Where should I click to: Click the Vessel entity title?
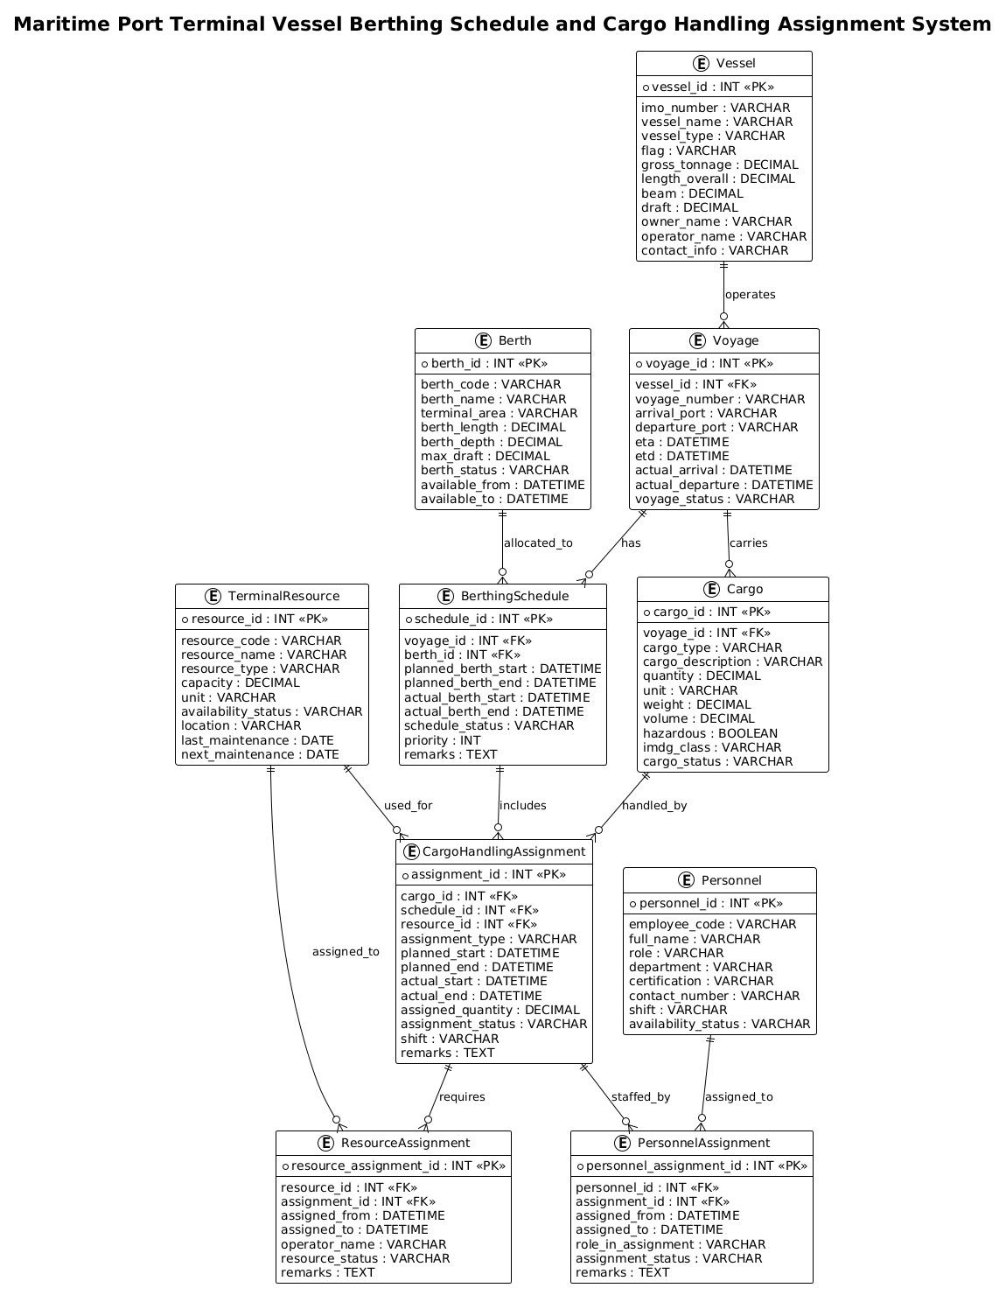pos(735,63)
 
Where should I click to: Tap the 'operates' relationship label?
pos(750,294)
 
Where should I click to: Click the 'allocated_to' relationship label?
pos(538,542)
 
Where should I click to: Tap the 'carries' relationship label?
pos(748,542)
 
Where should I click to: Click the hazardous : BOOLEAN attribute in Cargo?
pos(710,733)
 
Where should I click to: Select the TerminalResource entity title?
pos(283,596)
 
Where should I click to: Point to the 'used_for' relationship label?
pos(408,806)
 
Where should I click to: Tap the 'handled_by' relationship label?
pos(654,806)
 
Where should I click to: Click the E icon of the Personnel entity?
pos(686,880)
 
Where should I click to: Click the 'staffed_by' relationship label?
pos(640,1096)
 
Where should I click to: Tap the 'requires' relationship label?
pos(462,1096)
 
